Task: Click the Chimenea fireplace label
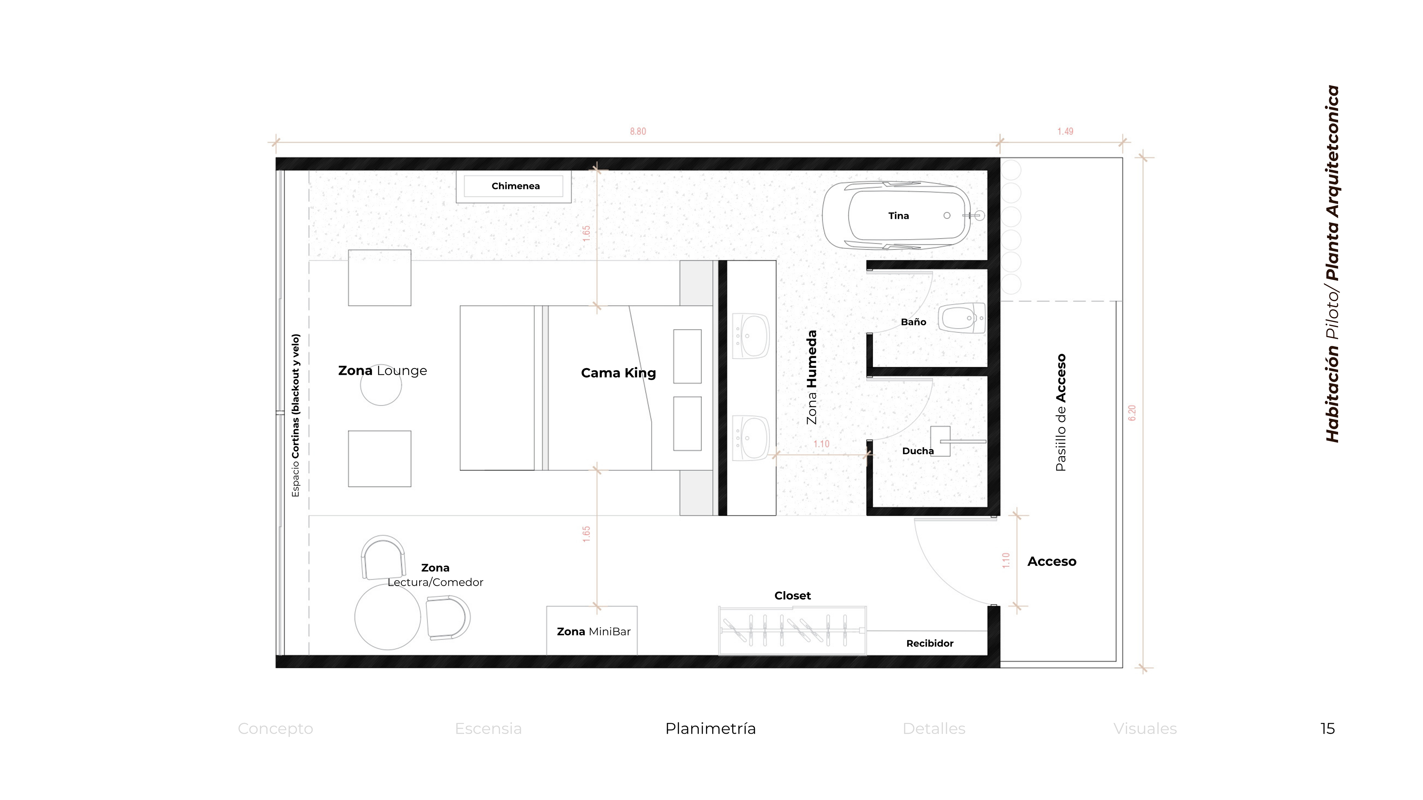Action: (x=515, y=186)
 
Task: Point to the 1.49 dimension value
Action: (x=1065, y=131)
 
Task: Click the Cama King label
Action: (x=618, y=373)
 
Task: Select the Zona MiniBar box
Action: (x=592, y=630)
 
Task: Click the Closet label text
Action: (x=792, y=596)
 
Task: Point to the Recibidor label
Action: (x=930, y=643)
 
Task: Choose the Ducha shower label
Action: (x=918, y=451)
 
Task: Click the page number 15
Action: (x=1327, y=729)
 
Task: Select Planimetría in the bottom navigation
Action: (x=710, y=729)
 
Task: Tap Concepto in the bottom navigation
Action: (x=275, y=729)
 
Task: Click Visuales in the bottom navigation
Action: (x=1145, y=729)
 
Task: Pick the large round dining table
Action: (x=387, y=617)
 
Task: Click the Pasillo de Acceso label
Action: (x=1060, y=413)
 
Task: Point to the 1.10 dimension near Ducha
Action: (x=822, y=444)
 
